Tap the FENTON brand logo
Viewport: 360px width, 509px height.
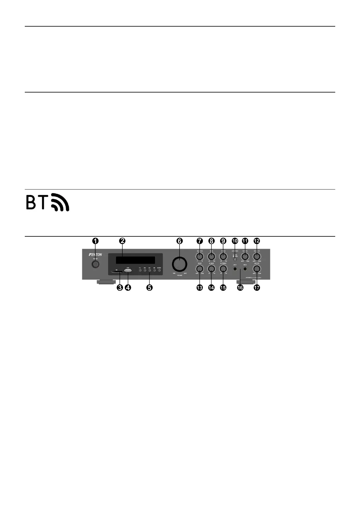[96, 255]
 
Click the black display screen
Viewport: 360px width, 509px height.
[135, 260]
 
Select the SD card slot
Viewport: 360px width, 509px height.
[117, 272]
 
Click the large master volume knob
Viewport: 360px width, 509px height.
[180, 264]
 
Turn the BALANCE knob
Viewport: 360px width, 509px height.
[199, 257]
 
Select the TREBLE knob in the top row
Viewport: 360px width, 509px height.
[223, 257]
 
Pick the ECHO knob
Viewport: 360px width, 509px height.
[199, 268]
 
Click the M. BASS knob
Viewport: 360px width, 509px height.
[211, 268]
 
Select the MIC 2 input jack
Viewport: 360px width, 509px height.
[245, 268]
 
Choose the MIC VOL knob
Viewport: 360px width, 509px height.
[257, 268]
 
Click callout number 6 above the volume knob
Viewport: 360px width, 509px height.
[180, 241]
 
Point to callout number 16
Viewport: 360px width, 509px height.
[240, 288]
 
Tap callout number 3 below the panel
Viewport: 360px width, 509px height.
[120, 288]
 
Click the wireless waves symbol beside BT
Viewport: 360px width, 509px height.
[60, 202]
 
